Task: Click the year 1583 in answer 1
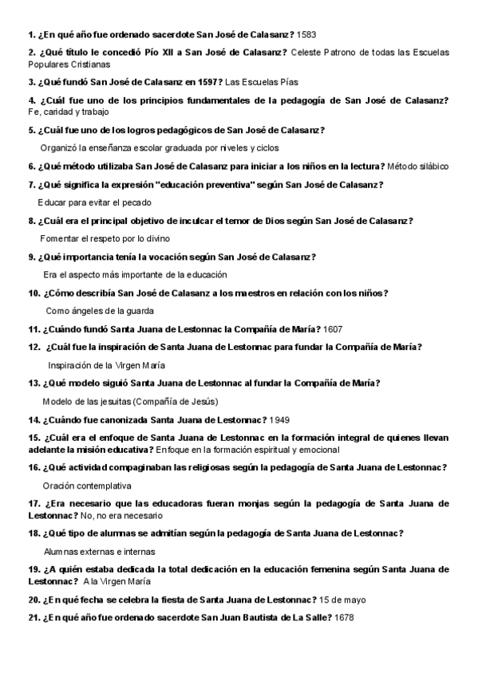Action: pyautogui.click(x=306, y=35)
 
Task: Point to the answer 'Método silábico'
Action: pyautogui.click(x=417, y=167)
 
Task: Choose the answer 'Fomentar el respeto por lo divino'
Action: pyautogui.click(x=105, y=238)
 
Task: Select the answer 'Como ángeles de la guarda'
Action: pyautogui.click(x=100, y=311)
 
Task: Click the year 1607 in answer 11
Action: pyautogui.click(x=334, y=329)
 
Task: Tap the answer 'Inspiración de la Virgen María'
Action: pyautogui.click(x=107, y=365)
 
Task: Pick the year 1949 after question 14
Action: pyautogui.click(x=281, y=419)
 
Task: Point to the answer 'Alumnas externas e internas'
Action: pyautogui.click(x=99, y=551)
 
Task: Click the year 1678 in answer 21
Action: pyautogui.click(x=344, y=618)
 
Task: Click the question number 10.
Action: pyautogui.click(x=34, y=293)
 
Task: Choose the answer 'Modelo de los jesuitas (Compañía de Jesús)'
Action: pyautogui.click(x=130, y=401)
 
